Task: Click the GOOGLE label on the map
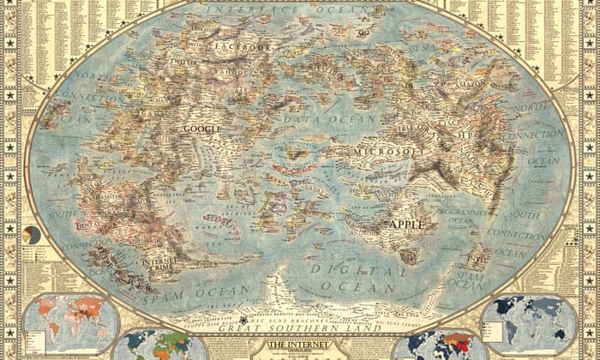click(202, 129)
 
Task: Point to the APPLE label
click(407, 224)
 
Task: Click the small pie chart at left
click(32, 234)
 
